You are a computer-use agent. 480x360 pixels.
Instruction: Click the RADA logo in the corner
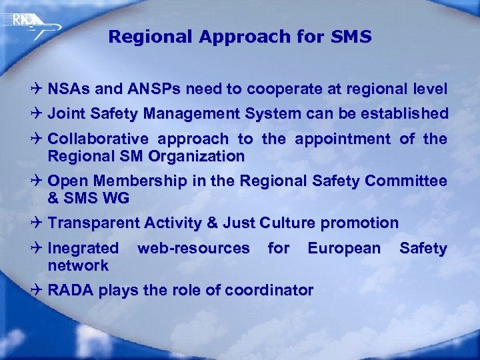click(x=27, y=23)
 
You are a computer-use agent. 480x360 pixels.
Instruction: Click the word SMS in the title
click(x=351, y=37)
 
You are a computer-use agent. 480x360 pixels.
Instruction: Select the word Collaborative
click(x=98, y=139)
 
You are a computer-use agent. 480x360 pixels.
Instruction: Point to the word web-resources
click(x=193, y=249)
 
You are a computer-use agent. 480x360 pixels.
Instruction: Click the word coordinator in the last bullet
click(x=269, y=291)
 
